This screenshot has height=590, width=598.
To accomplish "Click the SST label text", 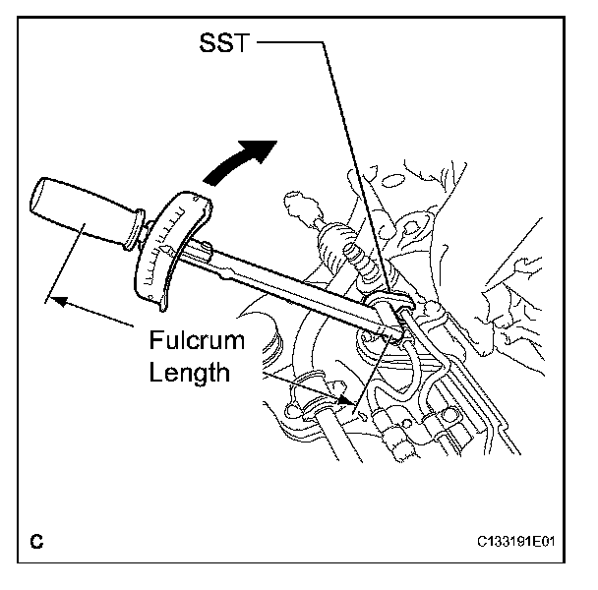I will coord(223,45).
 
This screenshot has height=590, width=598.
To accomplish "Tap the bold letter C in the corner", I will coord(36,541).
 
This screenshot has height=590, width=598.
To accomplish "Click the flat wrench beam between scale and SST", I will coord(295,290).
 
